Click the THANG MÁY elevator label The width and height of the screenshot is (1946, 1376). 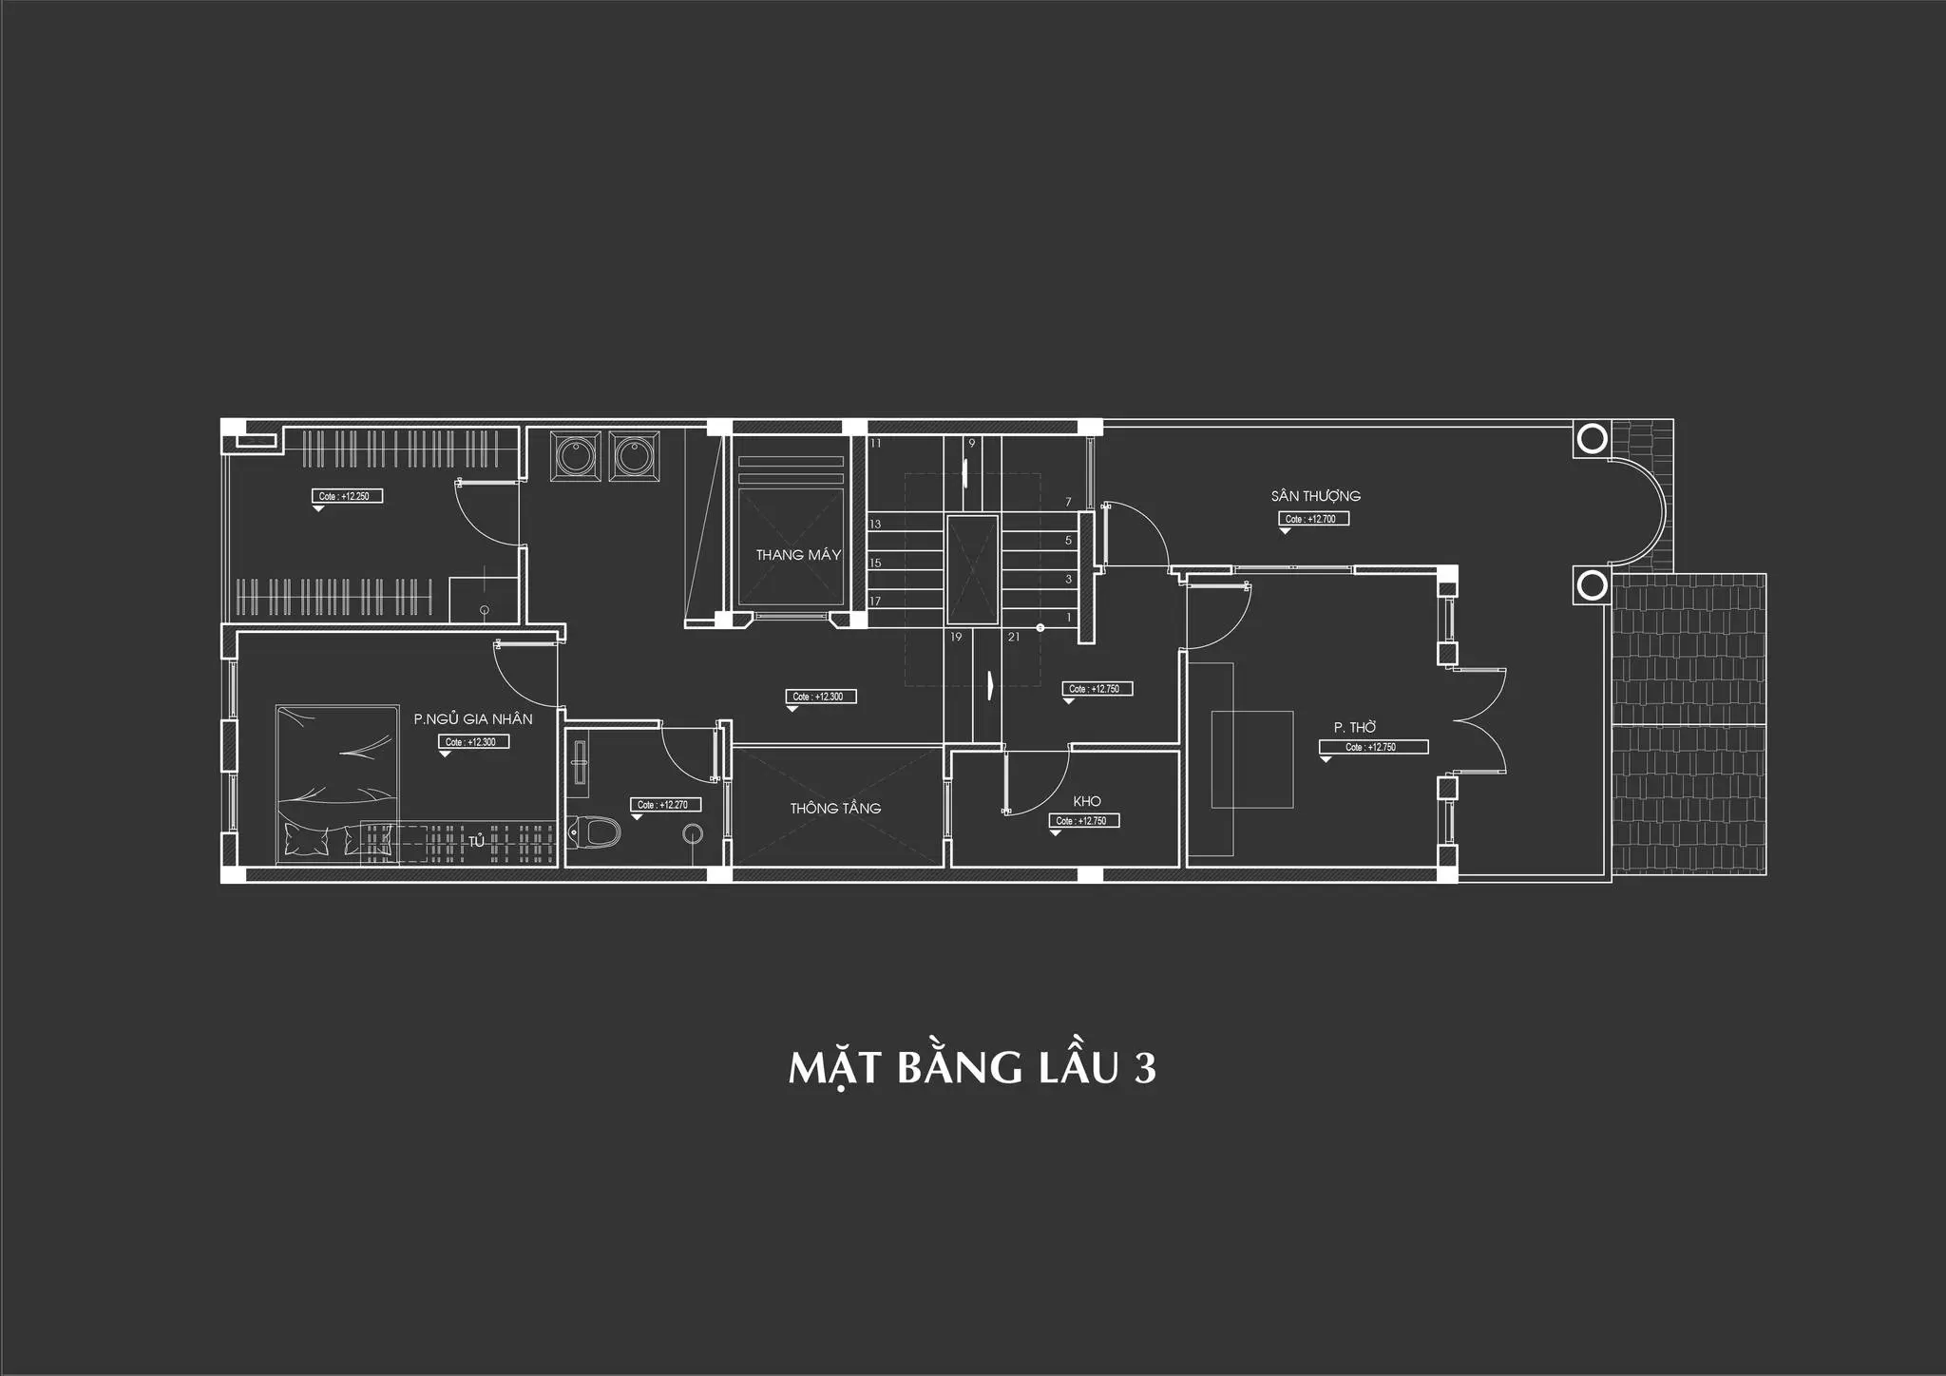[798, 555]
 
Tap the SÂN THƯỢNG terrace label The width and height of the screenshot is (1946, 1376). [1315, 496]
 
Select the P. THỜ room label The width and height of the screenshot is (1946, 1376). [1355, 728]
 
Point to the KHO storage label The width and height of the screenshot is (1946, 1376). [1087, 802]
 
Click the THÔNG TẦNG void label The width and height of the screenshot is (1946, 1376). [835, 809]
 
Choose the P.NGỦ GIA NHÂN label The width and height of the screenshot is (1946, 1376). [473, 719]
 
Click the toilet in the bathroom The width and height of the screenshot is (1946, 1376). [595, 833]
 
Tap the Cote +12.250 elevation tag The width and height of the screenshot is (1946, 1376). [348, 496]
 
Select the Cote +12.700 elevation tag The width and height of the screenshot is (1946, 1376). [1313, 519]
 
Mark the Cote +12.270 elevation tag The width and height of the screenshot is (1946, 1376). [665, 805]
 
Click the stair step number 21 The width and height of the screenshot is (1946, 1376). [1014, 637]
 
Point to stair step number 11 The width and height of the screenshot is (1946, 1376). [875, 444]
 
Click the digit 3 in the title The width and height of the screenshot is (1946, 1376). [1145, 1068]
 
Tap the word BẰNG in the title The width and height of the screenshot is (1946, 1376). [960, 1068]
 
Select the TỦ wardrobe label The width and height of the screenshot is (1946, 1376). [476, 842]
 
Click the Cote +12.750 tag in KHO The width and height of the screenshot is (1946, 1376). [1084, 821]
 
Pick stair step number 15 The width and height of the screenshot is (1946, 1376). [875, 564]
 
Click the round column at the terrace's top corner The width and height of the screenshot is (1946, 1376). [1593, 439]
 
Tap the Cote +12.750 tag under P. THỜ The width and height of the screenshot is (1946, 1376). [1373, 748]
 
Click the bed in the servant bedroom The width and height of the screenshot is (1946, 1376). [336, 784]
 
